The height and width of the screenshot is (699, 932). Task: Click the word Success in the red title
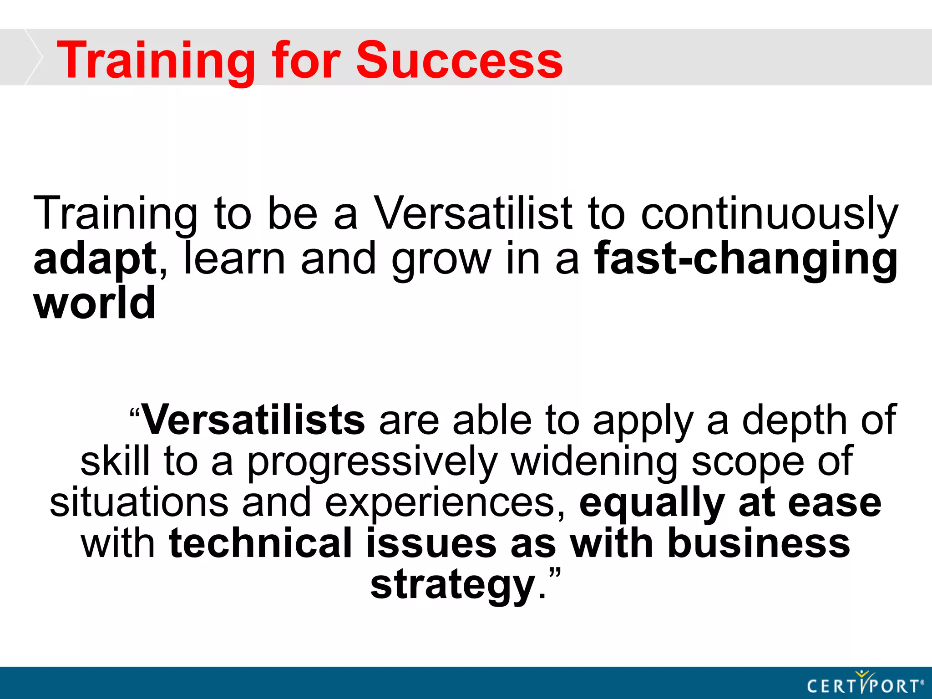pyautogui.click(x=459, y=61)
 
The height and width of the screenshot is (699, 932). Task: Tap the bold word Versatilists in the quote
pyautogui.click(x=253, y=420)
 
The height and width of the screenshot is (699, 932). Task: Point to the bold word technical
pyautogui.click(x=260, y=543)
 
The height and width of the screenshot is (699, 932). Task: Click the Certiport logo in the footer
pyautogui.click(x=865, y=684)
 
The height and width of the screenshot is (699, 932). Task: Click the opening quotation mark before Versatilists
pyautogui.click(x=135, y=413)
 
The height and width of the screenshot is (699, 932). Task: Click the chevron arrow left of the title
pyautogui.click(x=33, y=57)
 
